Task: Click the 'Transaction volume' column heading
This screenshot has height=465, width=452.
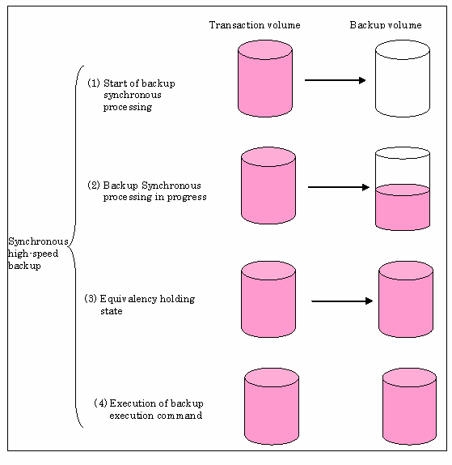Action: (255, 25)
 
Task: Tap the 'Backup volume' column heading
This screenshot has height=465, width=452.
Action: (386, 25)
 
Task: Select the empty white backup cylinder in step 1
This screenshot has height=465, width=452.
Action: (402, 79)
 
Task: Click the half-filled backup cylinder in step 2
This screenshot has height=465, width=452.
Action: (402, 189)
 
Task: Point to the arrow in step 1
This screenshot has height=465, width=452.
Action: (335, 80)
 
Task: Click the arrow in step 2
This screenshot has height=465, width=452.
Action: (339, 187)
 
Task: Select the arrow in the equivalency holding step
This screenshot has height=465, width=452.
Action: (342, 301)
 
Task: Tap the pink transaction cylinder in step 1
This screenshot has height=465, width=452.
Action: (265, 79)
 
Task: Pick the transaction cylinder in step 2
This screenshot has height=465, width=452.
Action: (268, 186)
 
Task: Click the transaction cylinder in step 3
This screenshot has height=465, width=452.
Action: (268, 299)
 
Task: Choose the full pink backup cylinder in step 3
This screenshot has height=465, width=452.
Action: (406, 299)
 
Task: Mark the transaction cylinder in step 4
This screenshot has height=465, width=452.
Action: (272, 407)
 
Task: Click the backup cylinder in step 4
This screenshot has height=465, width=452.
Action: (409, 407)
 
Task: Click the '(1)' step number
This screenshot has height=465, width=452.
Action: (94, 83)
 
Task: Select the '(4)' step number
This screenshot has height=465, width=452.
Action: (100, 403)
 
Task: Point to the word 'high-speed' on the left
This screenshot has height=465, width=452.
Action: (33, 254)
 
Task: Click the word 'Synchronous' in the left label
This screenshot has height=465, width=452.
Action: (38, 241)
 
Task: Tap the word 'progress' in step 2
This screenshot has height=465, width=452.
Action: (187, 198)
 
